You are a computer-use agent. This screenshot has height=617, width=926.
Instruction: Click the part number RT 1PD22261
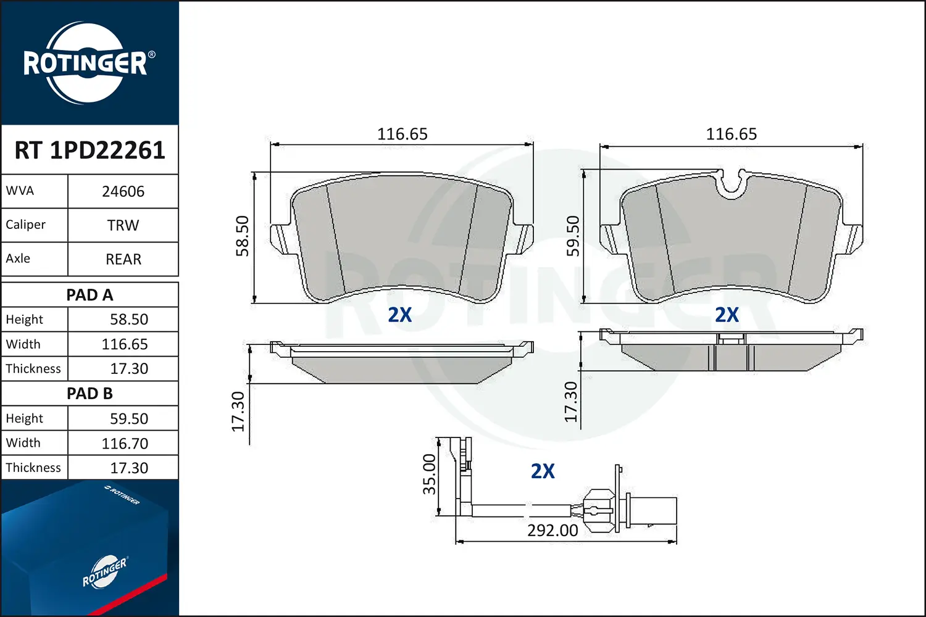pos(90,150)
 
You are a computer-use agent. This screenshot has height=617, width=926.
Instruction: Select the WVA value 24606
pos(123,191)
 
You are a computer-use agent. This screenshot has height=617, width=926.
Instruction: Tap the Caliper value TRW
pos(123,225)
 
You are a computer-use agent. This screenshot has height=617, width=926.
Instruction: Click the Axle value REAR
pos(123,259)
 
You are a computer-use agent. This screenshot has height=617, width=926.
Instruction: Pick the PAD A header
pos(90,295)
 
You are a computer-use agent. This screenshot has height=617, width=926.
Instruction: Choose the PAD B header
pos(90,394)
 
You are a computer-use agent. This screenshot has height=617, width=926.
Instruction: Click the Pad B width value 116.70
pos(125,443)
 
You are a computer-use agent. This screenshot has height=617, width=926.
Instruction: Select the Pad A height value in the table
pos(128,319)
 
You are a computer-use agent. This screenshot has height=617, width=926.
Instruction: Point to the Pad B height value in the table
pos(128,418)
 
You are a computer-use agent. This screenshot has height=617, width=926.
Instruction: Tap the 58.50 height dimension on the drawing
pos(242,236)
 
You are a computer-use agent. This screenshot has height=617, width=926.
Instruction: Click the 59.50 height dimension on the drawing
pos(573,236)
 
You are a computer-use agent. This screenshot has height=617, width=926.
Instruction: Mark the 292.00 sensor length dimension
pos(553,531)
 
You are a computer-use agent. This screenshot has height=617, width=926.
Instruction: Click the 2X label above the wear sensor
pos(543,471)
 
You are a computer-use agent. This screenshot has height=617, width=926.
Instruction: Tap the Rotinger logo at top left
pos(86,63)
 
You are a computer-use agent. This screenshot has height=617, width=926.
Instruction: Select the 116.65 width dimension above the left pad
pos(402,134)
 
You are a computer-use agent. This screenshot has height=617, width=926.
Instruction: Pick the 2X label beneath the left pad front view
pos(399,315)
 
